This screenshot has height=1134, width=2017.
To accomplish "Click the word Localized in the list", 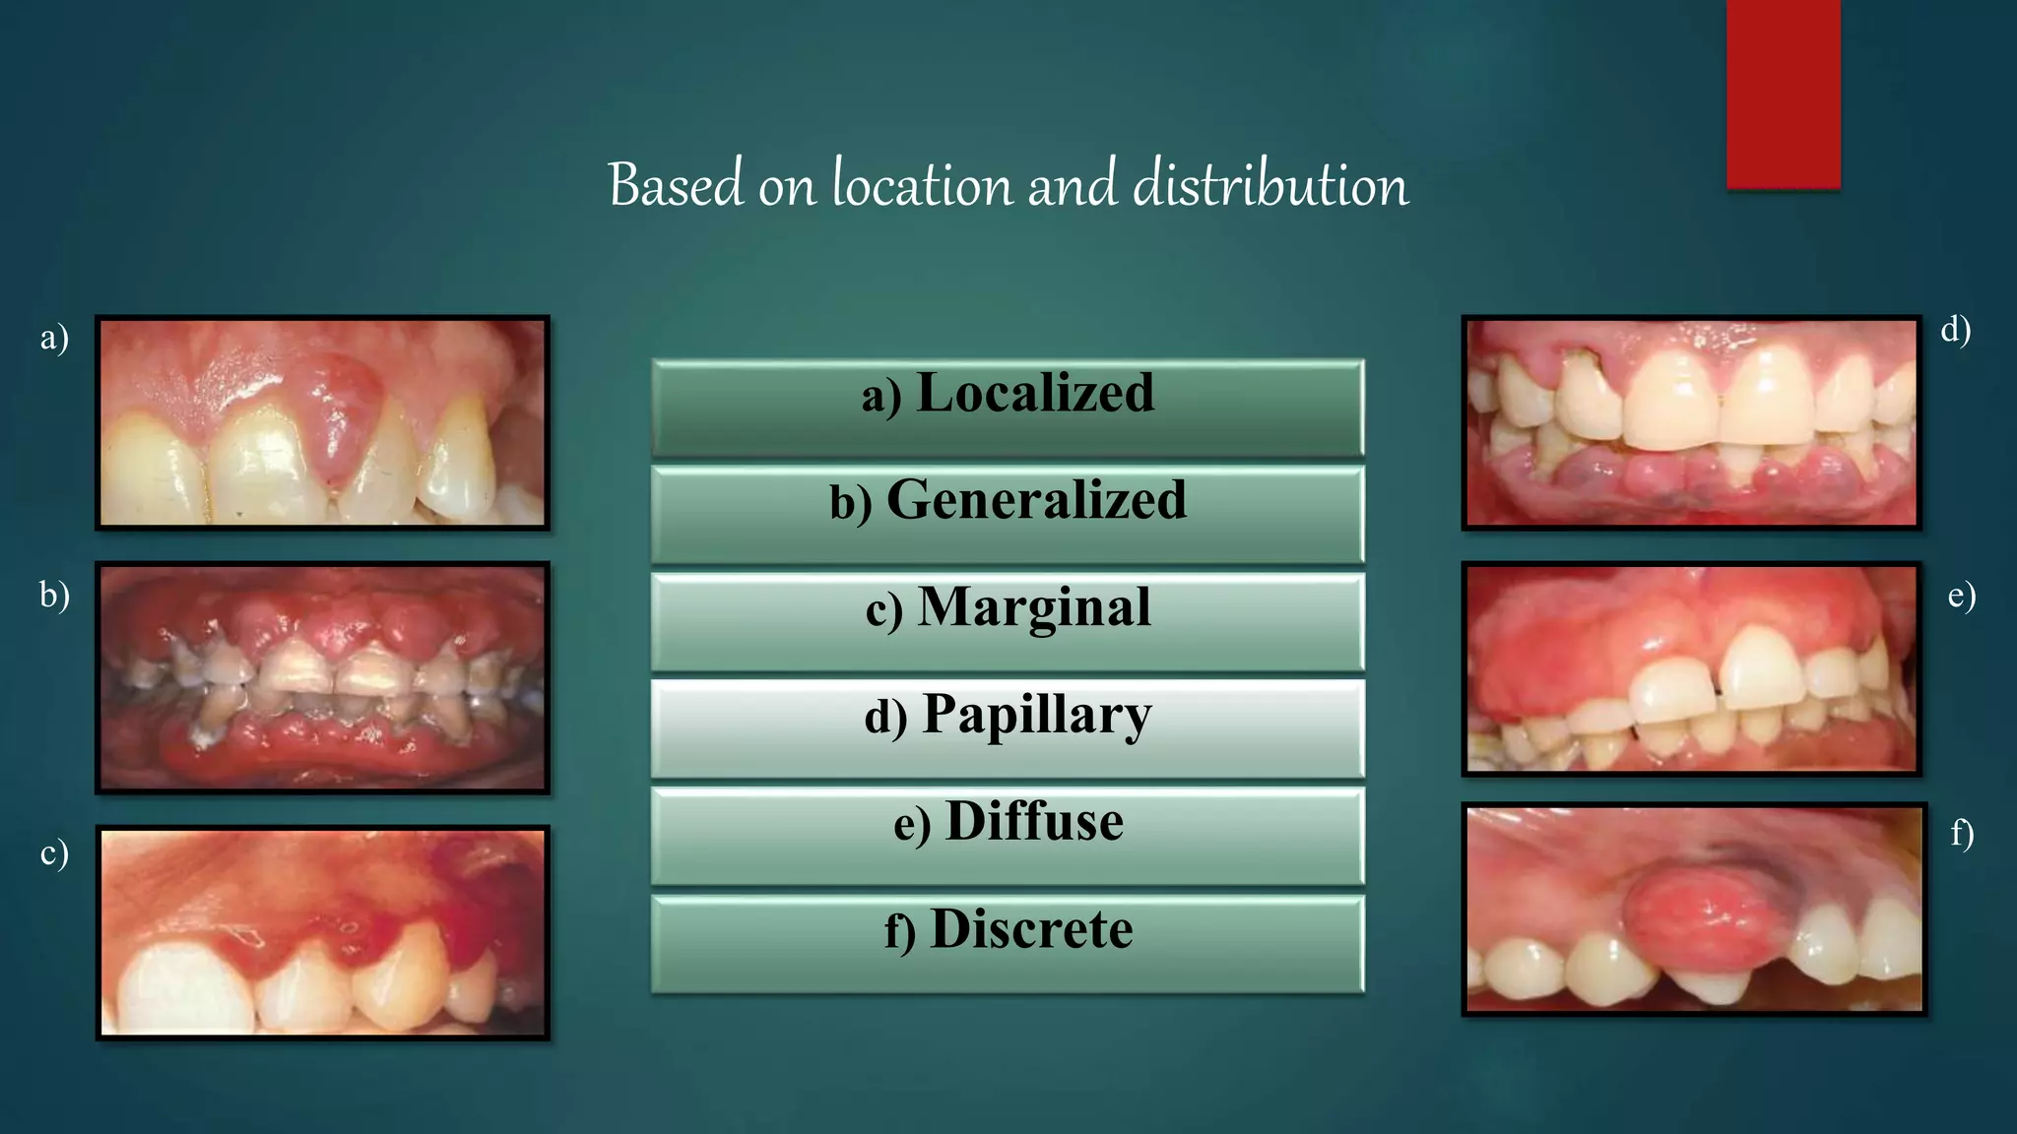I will (1034, 394).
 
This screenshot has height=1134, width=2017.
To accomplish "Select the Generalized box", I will (1008, 514).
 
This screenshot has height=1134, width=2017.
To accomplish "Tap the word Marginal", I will (1034, 607).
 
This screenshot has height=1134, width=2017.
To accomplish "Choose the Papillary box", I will (1008, 728).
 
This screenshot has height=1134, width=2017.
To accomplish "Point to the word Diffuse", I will (1034, 822).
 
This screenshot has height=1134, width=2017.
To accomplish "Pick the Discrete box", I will (1008, 943).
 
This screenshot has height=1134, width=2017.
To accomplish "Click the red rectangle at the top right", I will (1783, 94).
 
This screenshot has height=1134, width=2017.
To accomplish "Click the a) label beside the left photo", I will (54, 338).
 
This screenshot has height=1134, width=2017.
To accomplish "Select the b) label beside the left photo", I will (54, 596).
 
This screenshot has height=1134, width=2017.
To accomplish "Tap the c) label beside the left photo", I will (54, 852).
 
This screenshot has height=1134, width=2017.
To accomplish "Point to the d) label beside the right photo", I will (1955, 330).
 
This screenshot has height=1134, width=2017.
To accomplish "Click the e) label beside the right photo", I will (1961, 596).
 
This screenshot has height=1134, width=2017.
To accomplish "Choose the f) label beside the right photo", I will (1961, 835).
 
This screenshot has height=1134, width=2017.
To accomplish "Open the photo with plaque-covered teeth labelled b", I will (322, 677).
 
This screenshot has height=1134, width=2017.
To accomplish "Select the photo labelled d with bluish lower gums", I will (1691, 422).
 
